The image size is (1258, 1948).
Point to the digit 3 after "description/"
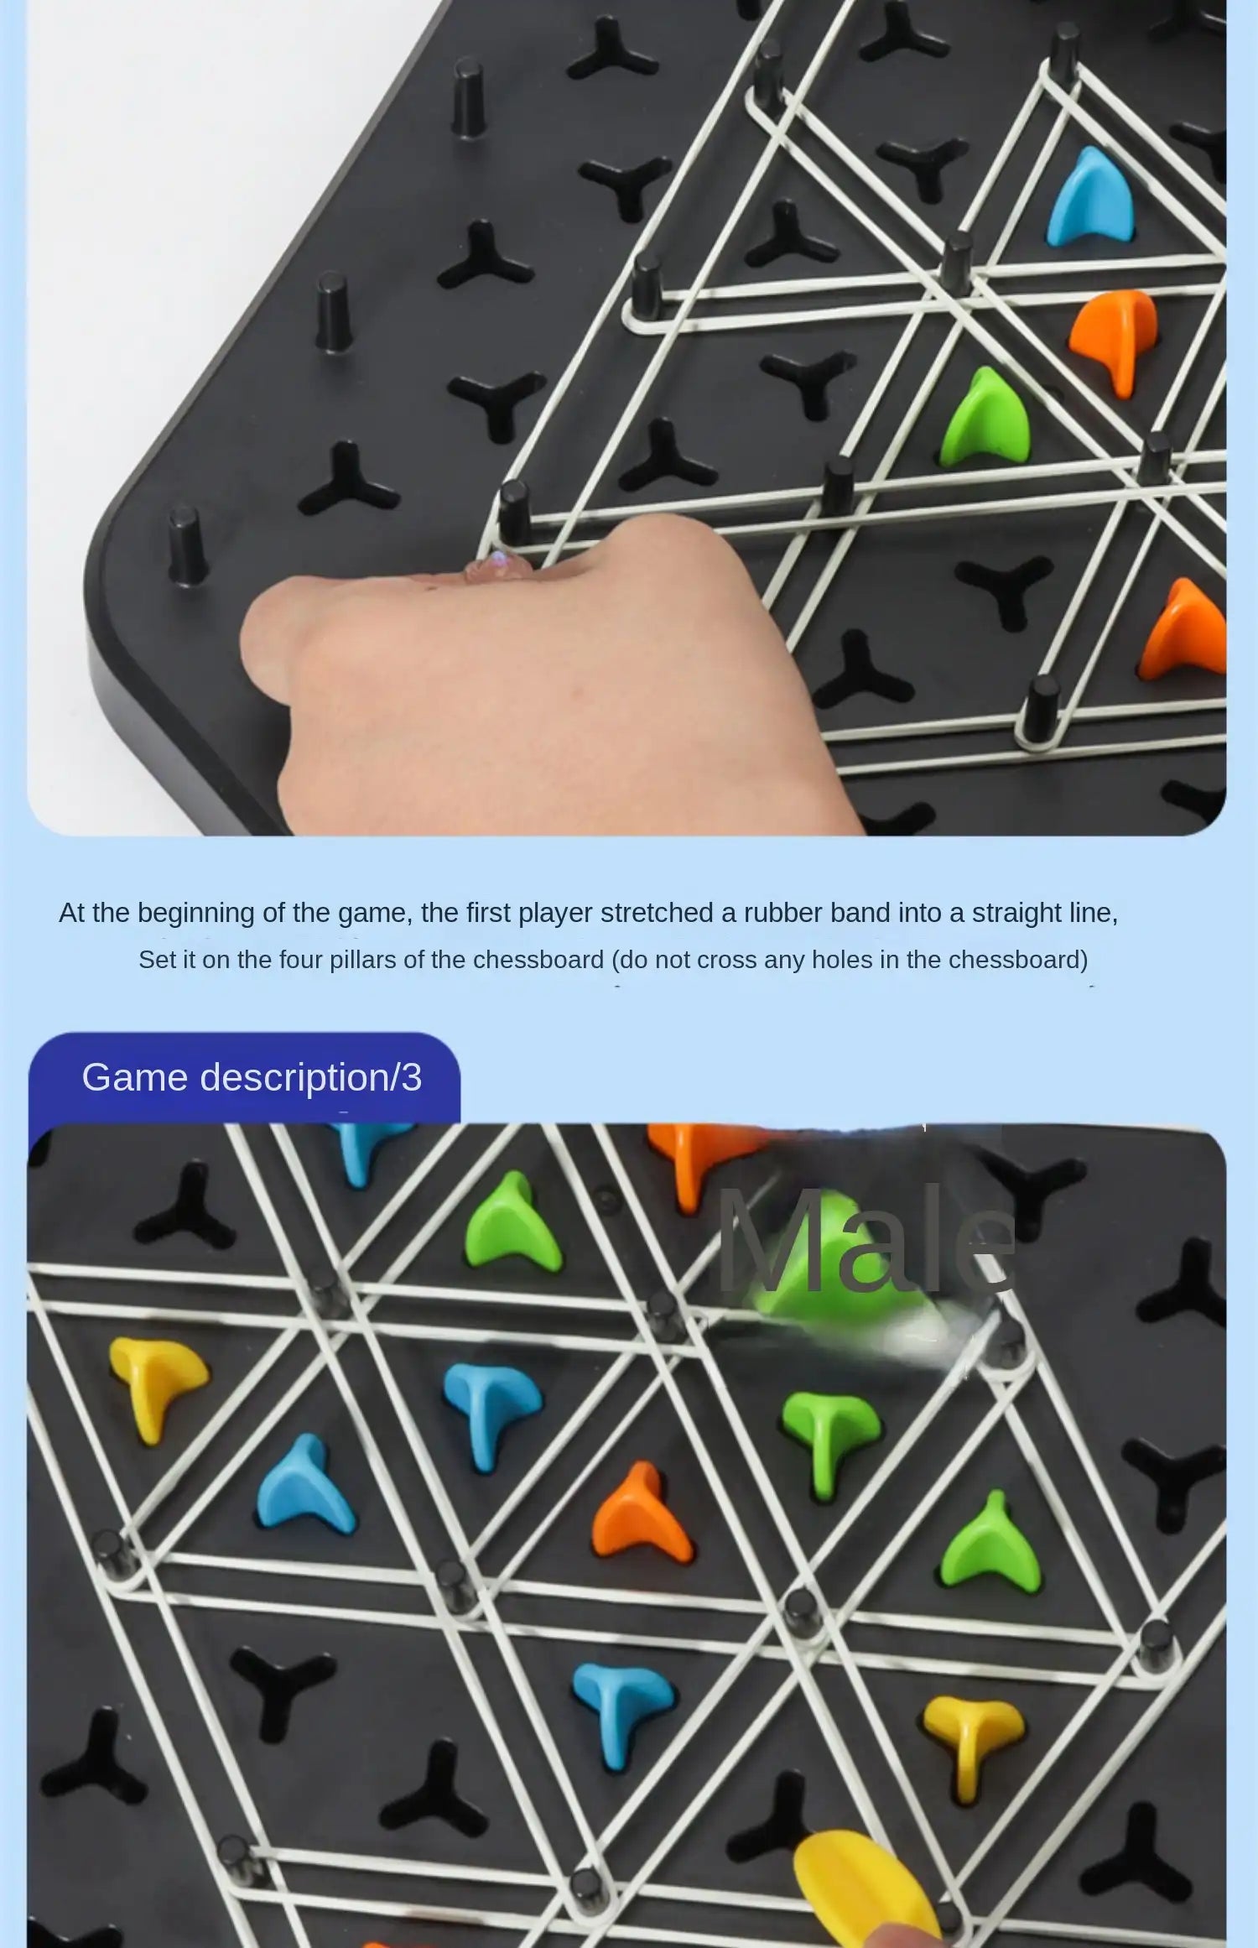pyautogui.click(x=411, y=1077)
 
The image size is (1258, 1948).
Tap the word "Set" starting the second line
pyautogui.click(x=156, y=959)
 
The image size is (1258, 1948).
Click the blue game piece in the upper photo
pyautogui.click(x=1090, y=199)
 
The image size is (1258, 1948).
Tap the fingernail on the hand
pyautogui.click(x=496, y=567)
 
